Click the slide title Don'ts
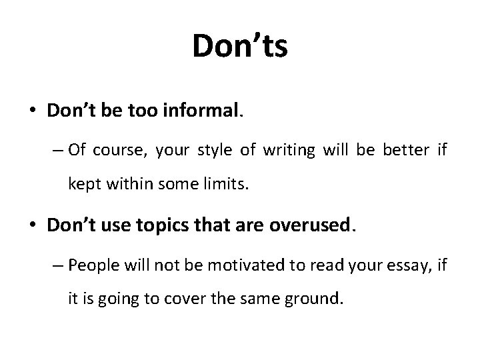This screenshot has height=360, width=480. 240,47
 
